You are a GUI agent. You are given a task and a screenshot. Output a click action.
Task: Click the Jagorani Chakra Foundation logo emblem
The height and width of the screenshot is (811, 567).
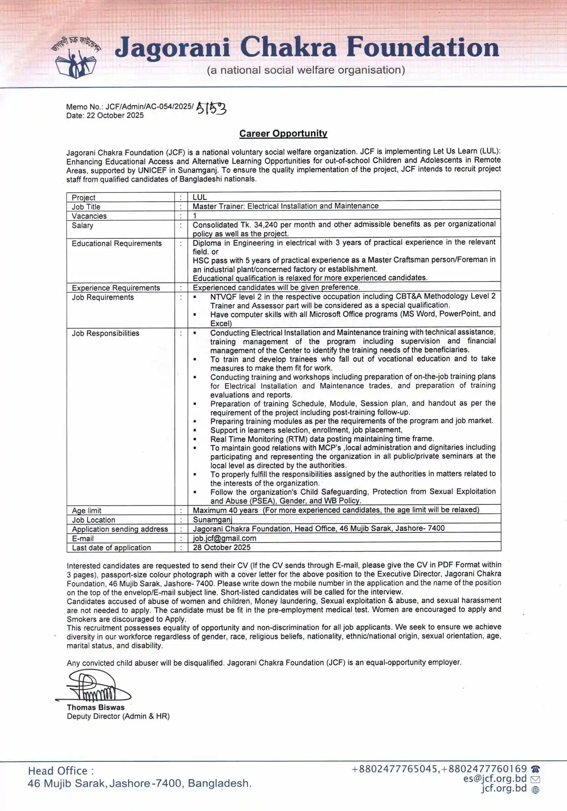(76, 58)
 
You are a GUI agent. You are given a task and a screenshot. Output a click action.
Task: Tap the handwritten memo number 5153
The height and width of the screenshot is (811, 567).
(211, 108)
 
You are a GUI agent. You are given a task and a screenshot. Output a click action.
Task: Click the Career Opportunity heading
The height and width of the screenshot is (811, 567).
(283, 133)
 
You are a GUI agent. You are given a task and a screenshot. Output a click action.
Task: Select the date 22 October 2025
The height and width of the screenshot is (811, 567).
(115, 116)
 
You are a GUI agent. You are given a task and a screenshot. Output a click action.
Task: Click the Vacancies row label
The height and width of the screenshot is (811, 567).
(89, 216)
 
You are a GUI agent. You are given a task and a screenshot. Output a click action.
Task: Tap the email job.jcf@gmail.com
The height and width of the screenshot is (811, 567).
(225, 538)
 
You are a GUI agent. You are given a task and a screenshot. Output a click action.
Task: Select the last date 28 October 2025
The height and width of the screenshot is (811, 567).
(222, 547)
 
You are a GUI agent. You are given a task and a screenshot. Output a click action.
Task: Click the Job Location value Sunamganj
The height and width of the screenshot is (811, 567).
(212, 520)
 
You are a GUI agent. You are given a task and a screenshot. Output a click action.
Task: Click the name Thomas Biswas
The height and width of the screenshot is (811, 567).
(96, 707)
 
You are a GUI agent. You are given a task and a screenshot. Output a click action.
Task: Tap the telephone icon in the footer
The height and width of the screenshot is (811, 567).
(535, 769)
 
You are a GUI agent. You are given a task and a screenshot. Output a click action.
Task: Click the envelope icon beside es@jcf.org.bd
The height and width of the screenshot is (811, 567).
(535, 779)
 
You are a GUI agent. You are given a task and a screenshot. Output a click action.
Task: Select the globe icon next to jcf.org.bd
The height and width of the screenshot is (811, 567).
(535, 789)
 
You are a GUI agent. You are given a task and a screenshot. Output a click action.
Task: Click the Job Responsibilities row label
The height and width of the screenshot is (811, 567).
(105, 333)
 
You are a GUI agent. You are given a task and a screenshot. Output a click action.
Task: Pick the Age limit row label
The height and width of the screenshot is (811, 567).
(87, 511)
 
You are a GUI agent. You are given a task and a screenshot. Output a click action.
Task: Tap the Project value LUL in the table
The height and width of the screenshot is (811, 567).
(200, 197)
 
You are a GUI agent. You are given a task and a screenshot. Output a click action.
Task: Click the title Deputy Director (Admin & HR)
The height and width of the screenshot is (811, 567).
(118, 716)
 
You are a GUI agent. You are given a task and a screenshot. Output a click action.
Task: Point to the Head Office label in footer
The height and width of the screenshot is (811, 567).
(60, 771)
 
